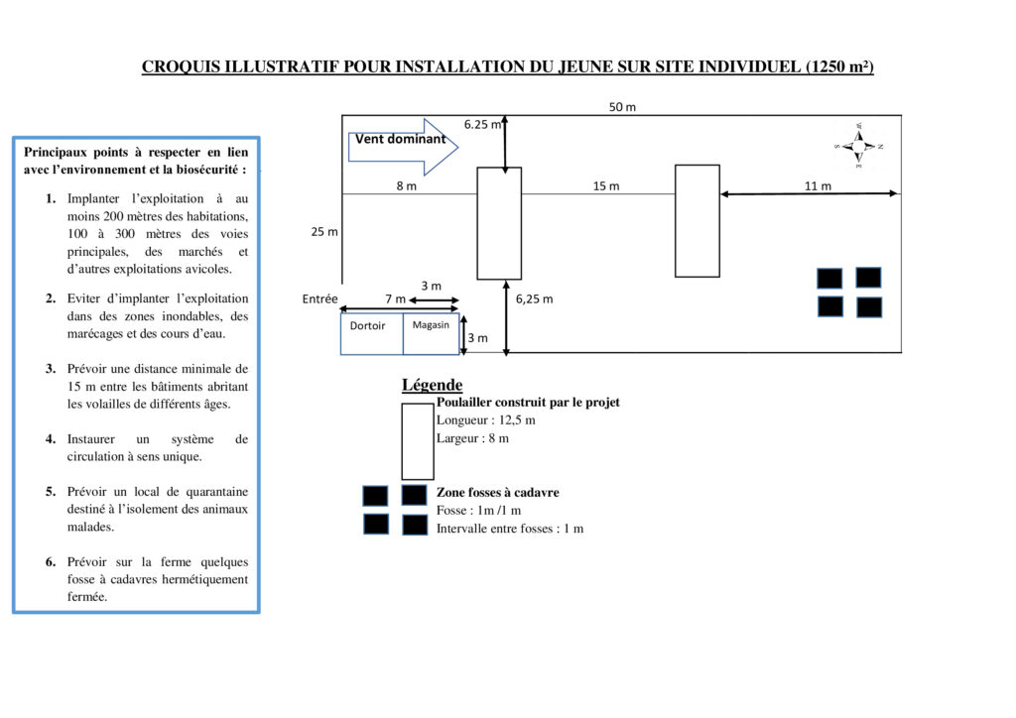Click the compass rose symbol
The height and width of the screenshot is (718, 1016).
click(858, 146)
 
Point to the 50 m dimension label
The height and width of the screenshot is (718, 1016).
click(622, 107)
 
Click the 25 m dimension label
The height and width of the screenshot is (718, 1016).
click(324, 232)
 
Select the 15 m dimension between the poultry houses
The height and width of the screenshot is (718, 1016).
click(605, 186)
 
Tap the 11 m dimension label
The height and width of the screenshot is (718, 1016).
click(818, 186)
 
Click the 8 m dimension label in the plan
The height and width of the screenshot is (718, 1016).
click(406, 186)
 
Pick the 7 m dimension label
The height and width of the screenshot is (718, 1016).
click(395, 299)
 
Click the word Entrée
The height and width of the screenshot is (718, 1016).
click(319, 299)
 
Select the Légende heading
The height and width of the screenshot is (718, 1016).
click(432, 385)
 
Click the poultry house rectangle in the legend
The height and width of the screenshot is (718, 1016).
click(418, 441)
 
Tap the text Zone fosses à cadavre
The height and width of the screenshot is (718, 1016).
click(497, 492)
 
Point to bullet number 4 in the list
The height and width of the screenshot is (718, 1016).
click(51, 438)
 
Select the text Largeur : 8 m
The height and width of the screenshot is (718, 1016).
click(472, 438)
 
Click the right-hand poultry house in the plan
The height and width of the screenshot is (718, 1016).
click(697, 220)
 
